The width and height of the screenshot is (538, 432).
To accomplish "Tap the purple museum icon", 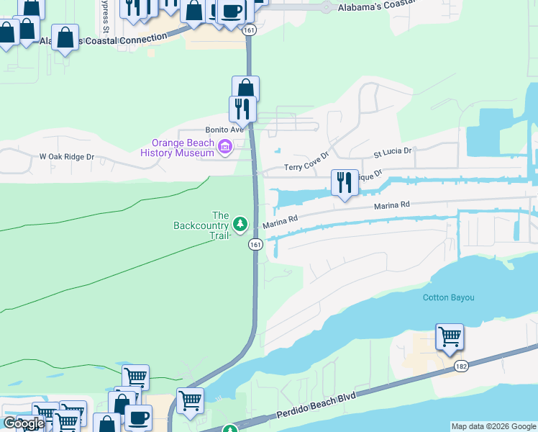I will coord(225,148).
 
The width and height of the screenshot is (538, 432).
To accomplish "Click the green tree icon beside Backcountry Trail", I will coord(240,224).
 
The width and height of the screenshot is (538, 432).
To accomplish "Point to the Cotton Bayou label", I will coord(448,297).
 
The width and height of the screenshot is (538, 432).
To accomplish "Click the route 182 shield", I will coord(462,367).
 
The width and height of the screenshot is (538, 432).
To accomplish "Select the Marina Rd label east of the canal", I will coord(391,206).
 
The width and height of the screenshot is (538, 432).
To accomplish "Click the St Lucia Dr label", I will coord(392,152).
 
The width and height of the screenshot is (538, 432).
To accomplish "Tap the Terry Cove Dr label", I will coord(306,161).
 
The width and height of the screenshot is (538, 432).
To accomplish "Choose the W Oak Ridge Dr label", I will coord(67,156).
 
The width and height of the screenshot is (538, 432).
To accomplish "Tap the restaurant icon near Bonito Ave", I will coord(242,109).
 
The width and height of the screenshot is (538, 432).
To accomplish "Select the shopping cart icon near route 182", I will coord(450,336).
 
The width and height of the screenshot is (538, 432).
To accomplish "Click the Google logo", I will coord(24,423).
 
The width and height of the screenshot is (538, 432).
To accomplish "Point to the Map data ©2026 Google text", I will coord(493,426).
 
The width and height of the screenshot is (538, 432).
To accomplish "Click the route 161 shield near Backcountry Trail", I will coord(255,245).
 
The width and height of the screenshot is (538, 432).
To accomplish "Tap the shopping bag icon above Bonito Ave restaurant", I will coord(245,89).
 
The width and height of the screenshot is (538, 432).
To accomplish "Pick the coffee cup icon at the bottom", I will coord(138,418).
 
